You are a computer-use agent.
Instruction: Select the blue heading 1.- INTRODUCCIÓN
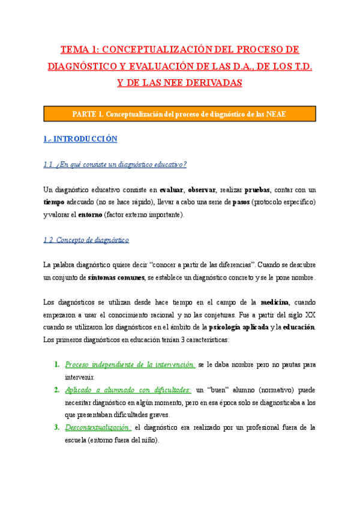pos(80,139)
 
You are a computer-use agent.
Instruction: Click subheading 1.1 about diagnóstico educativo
pos(115,165)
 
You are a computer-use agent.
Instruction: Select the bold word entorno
pos(89,215)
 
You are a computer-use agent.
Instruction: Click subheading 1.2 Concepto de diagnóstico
pos(86,241)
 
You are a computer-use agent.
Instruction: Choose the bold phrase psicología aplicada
pos(238,328)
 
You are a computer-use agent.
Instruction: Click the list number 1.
pos(56,365)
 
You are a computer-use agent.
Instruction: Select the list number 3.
pos(56,427)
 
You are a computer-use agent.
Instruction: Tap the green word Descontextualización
pos(98,427)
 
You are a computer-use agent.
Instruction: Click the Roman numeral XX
pos(310,315)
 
